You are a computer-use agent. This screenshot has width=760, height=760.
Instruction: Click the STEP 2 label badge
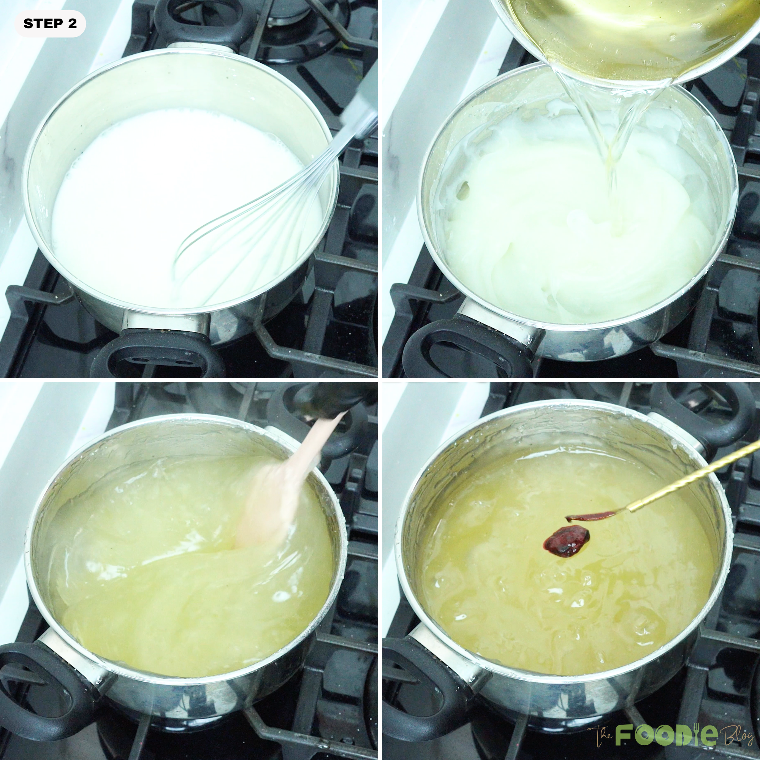50,24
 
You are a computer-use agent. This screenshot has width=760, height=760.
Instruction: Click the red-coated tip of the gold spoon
590,516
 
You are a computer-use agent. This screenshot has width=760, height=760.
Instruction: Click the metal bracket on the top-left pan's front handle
165,321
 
